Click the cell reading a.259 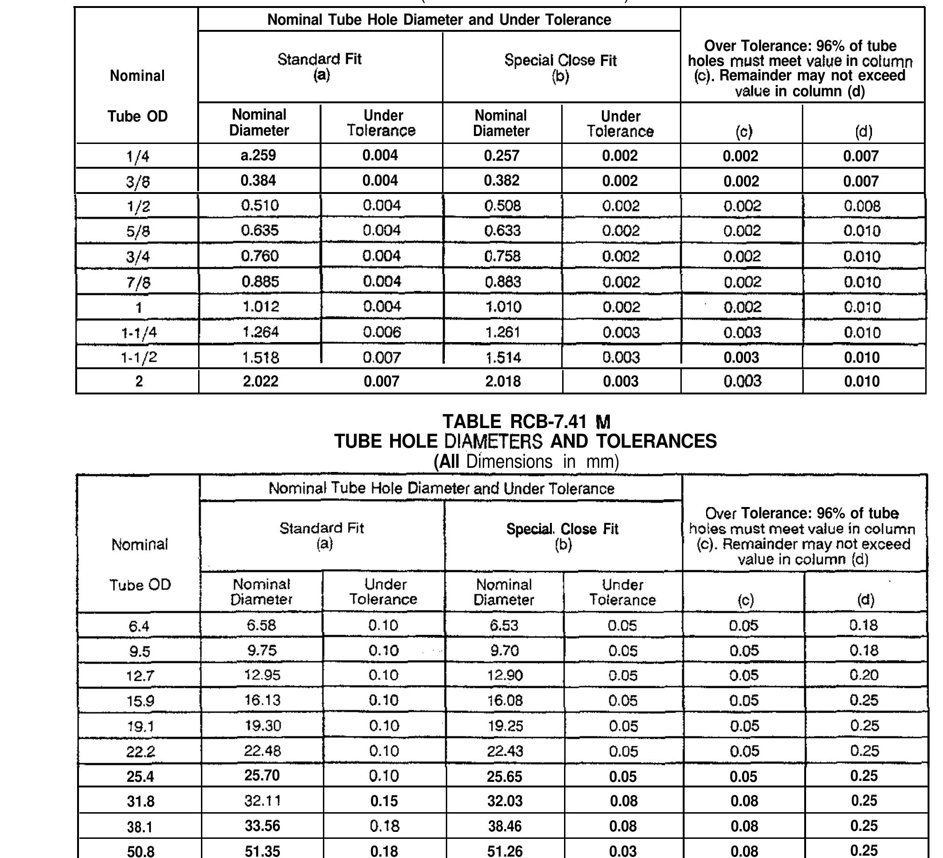(258, 155)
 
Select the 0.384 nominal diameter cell (258, 180)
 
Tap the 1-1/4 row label (138, 333)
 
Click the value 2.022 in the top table (261, 381)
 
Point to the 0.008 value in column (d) (863, 206)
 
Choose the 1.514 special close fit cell (502, 357)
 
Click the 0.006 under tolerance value (382, 332)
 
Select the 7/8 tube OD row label (138, 283)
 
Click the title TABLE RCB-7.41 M (526, 422)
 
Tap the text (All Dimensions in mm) (526, 462)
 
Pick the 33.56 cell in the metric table (263, 826)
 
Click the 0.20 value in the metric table (864, 675)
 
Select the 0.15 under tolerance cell (384, 801)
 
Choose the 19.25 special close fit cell (504, 726)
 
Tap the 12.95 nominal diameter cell (262, 675)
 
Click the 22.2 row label (140, 751)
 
